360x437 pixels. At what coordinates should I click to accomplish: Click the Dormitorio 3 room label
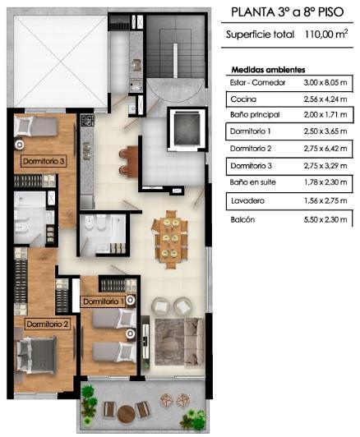coord(44,161)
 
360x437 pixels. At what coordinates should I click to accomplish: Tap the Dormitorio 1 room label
coord(104,301)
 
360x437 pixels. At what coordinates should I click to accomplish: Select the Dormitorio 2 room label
coord(48,324)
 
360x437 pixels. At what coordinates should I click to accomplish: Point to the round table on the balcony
coord(126,414)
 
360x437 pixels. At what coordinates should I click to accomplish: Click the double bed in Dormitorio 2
coord(36,355)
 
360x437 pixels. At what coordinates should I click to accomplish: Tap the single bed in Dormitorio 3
coord(35,126)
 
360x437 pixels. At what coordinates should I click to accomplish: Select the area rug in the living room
coord(170,342)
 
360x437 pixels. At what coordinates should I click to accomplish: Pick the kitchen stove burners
coord(87,120)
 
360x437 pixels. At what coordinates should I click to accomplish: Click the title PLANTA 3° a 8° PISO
coord(288,12)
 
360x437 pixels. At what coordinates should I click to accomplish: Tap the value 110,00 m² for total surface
coord(326,34)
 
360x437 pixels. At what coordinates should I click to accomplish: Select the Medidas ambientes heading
coord(268,70)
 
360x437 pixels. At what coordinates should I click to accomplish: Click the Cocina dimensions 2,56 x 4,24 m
coord(325,99)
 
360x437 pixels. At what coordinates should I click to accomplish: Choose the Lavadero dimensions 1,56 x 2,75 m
coord(325,200)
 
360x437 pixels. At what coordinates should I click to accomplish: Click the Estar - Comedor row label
coord(257,82)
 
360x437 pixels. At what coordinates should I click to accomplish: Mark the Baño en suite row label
coord(253,182)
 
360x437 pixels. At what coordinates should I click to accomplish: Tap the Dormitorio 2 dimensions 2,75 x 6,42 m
coord(325,148)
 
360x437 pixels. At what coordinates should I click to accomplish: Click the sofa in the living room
coord(194,343)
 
